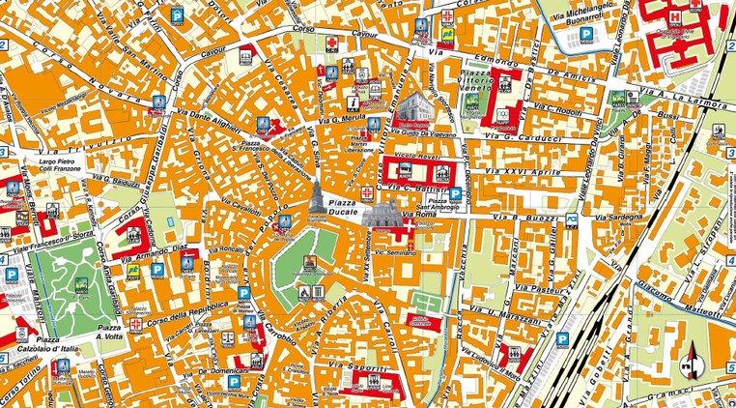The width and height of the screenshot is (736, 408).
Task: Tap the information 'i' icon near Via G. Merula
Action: tap(354, 101)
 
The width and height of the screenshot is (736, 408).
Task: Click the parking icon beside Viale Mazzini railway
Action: tap(562, 339)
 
